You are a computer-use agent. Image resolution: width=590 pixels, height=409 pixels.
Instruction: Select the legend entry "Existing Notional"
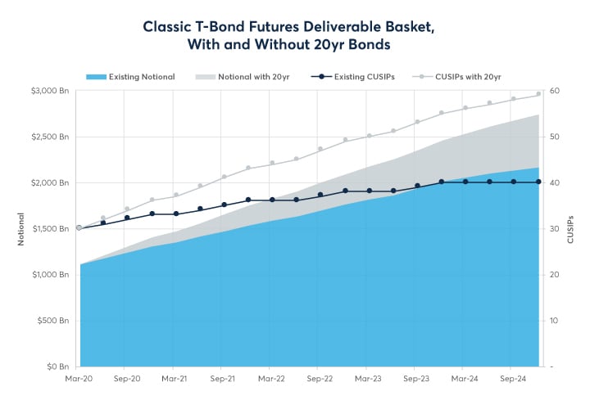click(141, 77)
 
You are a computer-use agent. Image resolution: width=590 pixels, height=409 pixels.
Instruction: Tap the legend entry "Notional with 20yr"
click(253, 77)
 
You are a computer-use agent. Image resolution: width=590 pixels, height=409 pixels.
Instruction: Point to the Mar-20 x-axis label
click(79, 380)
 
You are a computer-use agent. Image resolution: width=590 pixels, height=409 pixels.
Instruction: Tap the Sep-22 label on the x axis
click(320, 380)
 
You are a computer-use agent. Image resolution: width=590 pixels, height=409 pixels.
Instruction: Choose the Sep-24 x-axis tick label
click(513, 380)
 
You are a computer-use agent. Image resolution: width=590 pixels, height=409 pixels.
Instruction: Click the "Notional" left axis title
click(21, 228)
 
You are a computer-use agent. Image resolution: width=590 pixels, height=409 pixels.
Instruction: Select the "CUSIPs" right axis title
click(571, 228)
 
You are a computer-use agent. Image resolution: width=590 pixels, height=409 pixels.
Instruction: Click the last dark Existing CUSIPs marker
click(538, 182)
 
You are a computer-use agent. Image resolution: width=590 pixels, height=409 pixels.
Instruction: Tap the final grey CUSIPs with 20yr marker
click(538, 94)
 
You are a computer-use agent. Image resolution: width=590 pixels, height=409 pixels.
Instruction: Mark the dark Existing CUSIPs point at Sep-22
click(320, 195)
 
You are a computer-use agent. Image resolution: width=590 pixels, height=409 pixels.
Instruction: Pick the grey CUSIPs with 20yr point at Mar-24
click(465, 107)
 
